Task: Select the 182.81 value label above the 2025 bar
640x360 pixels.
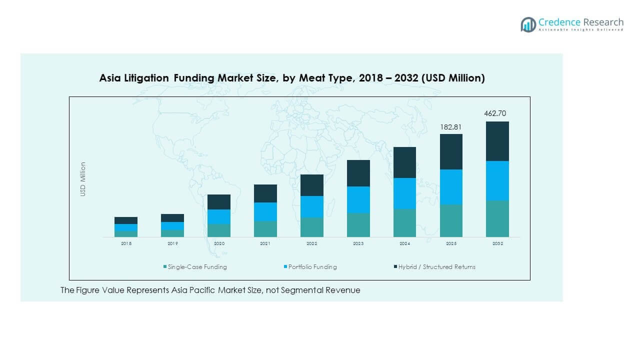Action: point(450,127)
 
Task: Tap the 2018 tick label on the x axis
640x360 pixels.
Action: point(126,243)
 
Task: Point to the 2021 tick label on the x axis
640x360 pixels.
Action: point(265,243)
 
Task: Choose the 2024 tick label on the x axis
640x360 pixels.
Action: point(404,243)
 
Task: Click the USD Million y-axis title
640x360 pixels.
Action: point(83,179)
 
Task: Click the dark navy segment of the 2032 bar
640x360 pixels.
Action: point(497,141)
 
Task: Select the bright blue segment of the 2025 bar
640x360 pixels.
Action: point(451,186)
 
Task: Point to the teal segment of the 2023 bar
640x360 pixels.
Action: point(358,225)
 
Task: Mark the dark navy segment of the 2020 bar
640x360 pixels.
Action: point(219,202)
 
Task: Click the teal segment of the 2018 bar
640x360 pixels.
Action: point(126,233)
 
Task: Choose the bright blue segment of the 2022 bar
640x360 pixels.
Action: point(311,206)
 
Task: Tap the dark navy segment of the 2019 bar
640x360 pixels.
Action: point(172,218)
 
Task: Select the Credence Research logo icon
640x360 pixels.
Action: point(528,24)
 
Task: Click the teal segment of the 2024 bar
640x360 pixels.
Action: point(404,222)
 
